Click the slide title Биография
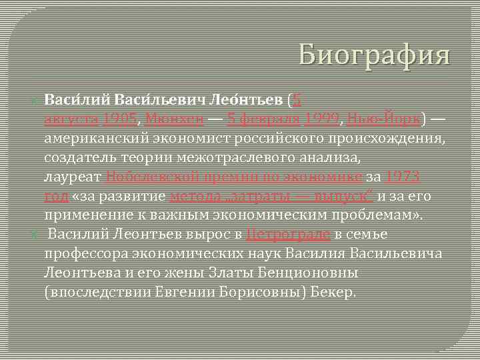pyautogui.click(x=375, y=54)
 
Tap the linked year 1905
pyautogui.click(x=121, y=120)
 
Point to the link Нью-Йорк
pyautogui.click(x=384, y=120)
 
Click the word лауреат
pyautogui.click(x=73, y=177)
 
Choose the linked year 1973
pyautogui.click(x=403, y=177)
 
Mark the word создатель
pyautogui.click(x=80, y=159)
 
